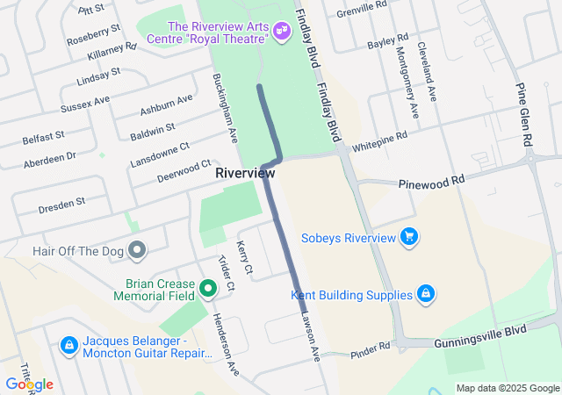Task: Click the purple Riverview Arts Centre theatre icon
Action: [282, 32]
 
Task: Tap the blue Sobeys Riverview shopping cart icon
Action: [408, 237]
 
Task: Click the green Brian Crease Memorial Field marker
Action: [208, 287]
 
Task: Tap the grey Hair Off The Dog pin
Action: [136, 251]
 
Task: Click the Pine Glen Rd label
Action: [526, 115]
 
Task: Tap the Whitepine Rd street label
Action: [378, 139]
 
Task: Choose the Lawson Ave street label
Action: [311, 334]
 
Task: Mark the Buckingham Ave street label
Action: [226, 109]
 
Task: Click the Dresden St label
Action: [61, 205]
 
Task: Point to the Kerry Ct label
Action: [245, 255]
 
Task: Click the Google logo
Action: [29, 384]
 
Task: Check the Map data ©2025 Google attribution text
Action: [507, 388]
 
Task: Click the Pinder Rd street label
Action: [370, 349]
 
